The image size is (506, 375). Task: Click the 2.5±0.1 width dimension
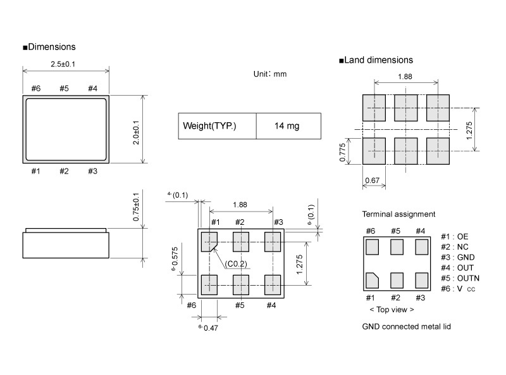click(63, 64)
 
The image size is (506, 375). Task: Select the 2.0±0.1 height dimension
click(136, 132)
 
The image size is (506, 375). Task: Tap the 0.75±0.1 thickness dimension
click(136, 207)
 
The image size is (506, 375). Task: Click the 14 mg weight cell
click(287, 126)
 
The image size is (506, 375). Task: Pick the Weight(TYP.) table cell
click(209, 126)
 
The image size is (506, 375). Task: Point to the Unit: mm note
click(270, 74)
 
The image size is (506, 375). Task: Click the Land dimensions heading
click(376, 60)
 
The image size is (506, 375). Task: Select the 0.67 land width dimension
click(372, 181)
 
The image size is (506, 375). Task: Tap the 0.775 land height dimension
click(342, 152)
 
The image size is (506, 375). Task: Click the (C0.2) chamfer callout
click(237, 264)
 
